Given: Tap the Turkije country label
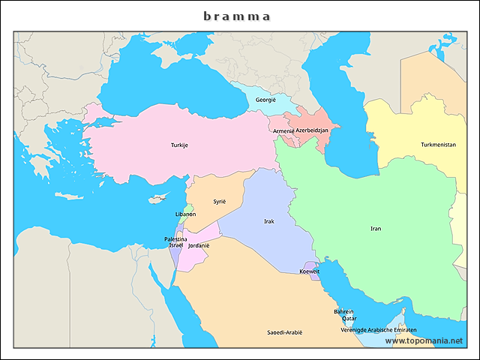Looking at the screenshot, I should click(179, 145).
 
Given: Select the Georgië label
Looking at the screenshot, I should click(265, 100).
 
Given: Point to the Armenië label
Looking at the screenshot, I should click(283, 130).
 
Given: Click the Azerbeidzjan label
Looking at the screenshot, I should click(313, 130).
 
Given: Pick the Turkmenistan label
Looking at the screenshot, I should click(438, 145).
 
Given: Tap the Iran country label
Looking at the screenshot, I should click(376, 229).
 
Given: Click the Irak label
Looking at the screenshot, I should click(269, 221).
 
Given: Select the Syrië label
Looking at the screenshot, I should click(219, 202).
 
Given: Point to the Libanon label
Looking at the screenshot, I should click(185, 214).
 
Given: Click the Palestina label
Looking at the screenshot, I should click(175, 238).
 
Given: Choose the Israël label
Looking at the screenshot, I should click(176, 245).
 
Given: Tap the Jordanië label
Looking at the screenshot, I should click(199, 245).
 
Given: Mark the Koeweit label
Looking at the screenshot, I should click(309, 271).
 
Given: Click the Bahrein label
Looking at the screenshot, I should click(343, 311).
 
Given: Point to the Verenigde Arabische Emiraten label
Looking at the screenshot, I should click(379, 330).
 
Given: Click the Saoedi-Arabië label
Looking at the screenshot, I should click(285, 331).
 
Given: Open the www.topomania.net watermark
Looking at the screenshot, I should click(424, 340).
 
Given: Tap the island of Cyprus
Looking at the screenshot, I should click(157, 199).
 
